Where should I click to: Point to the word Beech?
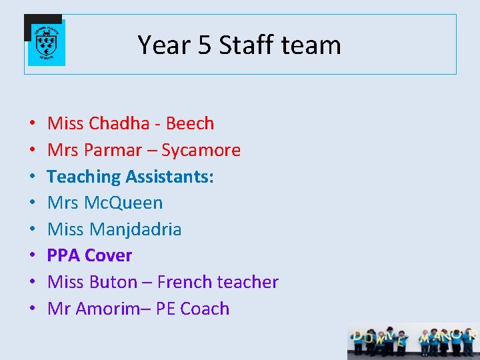point(190,123)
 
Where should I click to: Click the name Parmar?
point(111,150)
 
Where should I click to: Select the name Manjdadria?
point(135,229)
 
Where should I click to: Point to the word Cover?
point(109,255)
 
